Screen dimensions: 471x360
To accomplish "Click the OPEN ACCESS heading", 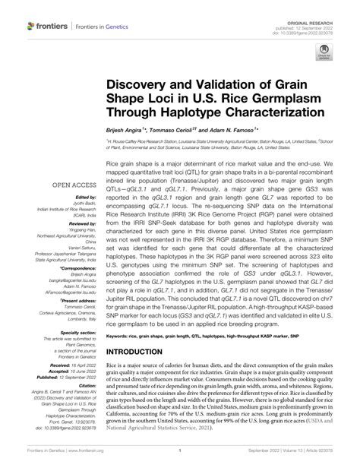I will pos(47,184).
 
